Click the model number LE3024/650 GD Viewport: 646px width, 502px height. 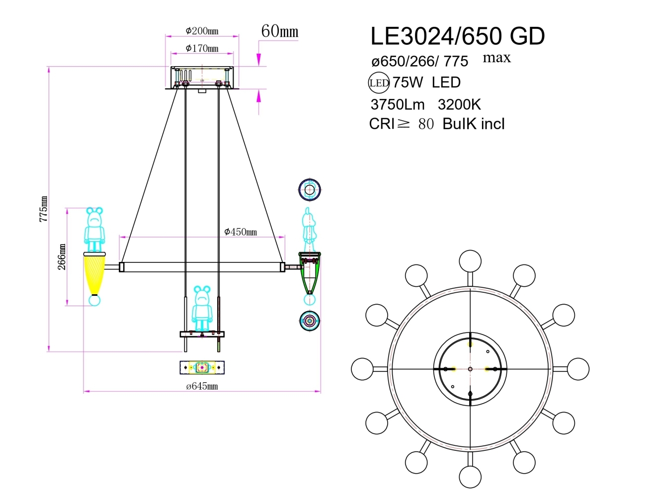point(457,36)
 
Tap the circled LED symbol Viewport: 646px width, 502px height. point(379,83)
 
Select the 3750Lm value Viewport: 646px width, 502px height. point(397,104)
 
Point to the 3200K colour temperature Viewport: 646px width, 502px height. point(459,104)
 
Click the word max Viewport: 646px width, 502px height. point(496,58)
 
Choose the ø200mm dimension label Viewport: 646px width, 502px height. point(202,31)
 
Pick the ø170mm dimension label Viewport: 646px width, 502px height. point(202,48)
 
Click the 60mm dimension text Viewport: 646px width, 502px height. point(280,31)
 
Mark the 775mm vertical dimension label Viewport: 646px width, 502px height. point(44,209)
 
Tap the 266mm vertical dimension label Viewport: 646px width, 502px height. point(62,256)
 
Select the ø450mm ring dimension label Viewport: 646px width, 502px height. point(241,232)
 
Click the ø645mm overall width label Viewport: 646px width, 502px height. point(202,386)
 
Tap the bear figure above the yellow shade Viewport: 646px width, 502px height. point(94,229)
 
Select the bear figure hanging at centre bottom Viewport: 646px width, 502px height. point(202,308)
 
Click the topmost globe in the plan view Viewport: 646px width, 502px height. point(470,261)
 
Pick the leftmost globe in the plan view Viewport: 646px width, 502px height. point(362,369)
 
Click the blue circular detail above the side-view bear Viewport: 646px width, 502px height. point(310,190)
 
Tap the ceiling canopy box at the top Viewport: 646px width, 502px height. point(202,77)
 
